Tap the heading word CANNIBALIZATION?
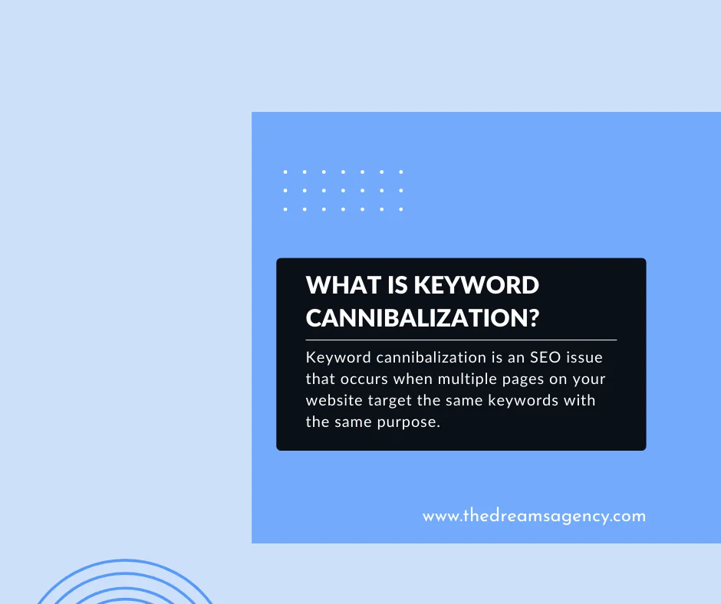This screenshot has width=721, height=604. pos(421,316)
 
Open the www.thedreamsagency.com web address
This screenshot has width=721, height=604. pos(534,516)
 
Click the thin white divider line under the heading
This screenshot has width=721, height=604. pos(461,339)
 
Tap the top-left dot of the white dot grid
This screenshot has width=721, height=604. pos(285,172)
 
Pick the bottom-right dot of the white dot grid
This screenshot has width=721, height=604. pos(400,208)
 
